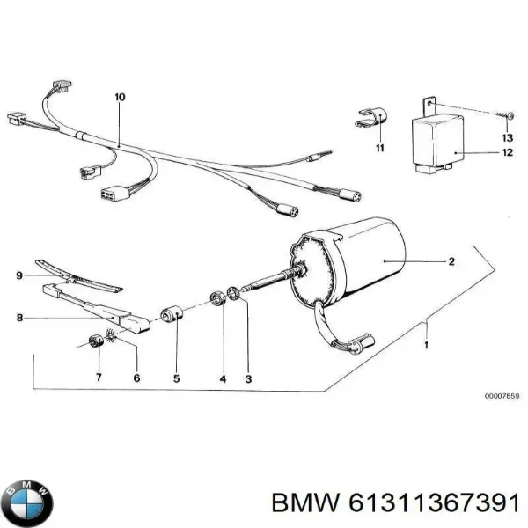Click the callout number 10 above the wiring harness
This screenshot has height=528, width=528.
120,97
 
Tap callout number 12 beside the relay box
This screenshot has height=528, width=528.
508,152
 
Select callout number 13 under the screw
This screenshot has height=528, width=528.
508,137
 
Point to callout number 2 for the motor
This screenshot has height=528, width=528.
451,261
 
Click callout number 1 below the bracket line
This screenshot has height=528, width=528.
426,346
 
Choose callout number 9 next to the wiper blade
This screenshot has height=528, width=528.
19,275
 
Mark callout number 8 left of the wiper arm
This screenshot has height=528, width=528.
19,318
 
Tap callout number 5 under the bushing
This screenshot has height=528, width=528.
177,378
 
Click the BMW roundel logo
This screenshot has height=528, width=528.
27,502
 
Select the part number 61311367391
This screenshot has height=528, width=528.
434,504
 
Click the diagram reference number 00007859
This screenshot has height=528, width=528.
502,396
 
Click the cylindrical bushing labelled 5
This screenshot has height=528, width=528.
171,313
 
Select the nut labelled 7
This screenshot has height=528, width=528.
95,341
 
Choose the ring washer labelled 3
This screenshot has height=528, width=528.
232,293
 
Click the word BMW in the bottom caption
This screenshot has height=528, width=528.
305,504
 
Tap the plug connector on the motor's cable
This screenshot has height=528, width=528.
361,343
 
